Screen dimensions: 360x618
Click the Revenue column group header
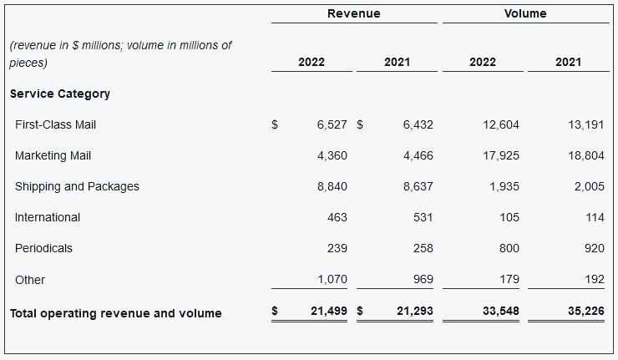(x=353, y=13)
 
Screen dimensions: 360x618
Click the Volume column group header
(x=525, y=13)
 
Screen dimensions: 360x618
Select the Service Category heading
(x=60, y=94)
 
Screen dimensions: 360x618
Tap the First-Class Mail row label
(x=55, y=124)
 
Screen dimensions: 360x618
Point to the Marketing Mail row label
(x=53, y=155)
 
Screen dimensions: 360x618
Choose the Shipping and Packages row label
(x=77, y=186)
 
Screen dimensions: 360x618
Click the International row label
(x=48, y=217)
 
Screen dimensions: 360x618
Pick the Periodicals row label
(x=43, y=248)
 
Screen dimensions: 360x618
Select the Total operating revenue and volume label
(x=115, y=313)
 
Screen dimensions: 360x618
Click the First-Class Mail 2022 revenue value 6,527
(x=332, y=124)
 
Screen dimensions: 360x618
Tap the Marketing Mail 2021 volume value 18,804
(x=587, y=155)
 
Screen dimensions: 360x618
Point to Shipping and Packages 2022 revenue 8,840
(x=332, y=186)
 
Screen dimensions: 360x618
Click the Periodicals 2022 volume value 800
(x=509, y=248)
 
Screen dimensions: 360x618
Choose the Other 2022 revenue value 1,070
(x=332, y=279)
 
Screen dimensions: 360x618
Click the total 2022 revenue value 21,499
(x=328, y=311)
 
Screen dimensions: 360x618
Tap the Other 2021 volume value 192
(x=594, y=279)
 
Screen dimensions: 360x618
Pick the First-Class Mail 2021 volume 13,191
(x=587, y=124)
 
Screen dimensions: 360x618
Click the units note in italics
(x=120, y=53)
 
